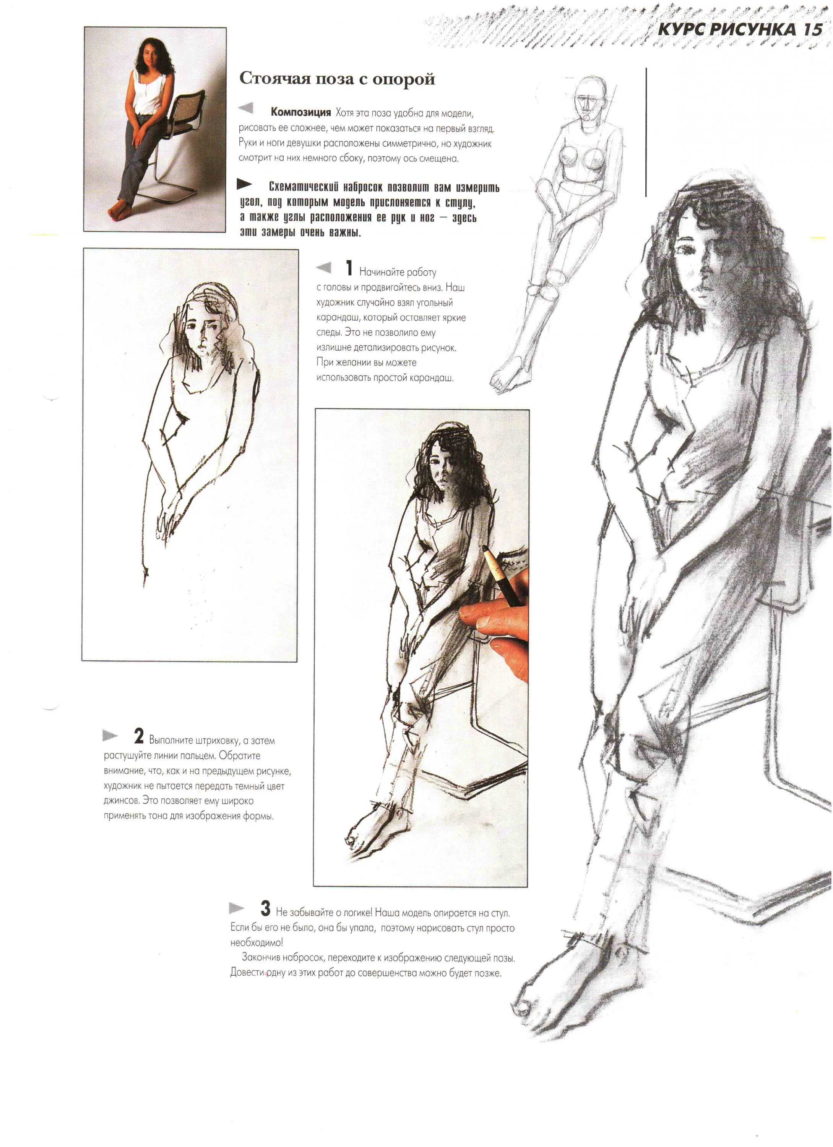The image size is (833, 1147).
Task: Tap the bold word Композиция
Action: pyautogui.click(x=300, y=112)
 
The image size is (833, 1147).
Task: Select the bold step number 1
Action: pyautogui.click(x=349, y=268)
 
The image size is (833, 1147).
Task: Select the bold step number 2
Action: pyautogui.click(x=139, y=736)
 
